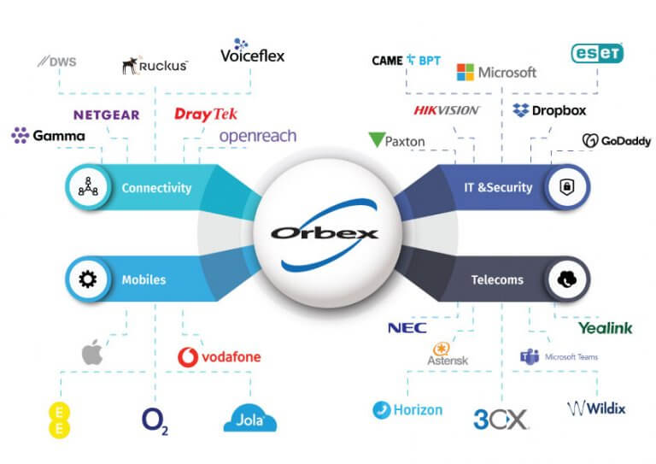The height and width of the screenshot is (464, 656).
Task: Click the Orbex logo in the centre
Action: pos(325,232)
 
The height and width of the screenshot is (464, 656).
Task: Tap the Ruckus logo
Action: pos(155,65)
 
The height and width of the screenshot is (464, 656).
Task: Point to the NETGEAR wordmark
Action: pos(107,115)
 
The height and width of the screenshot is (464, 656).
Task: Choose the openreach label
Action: pos(258,136)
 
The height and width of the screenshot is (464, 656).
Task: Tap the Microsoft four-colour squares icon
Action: pos(466,72)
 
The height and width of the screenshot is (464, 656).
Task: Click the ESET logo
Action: pos(597,53)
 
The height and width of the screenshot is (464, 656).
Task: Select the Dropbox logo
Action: pos(549,110)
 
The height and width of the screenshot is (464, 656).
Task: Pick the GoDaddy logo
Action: pos(616,141)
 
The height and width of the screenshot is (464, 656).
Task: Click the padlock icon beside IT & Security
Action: pos(566,188)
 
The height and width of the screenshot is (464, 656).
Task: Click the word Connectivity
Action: pos(156,188)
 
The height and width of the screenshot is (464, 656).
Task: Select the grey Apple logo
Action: pos(92,351)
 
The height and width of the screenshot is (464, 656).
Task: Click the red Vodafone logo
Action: pos(220,356)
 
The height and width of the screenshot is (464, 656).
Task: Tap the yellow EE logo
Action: pos(59,418)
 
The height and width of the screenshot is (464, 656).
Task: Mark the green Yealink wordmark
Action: pos(605,327)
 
